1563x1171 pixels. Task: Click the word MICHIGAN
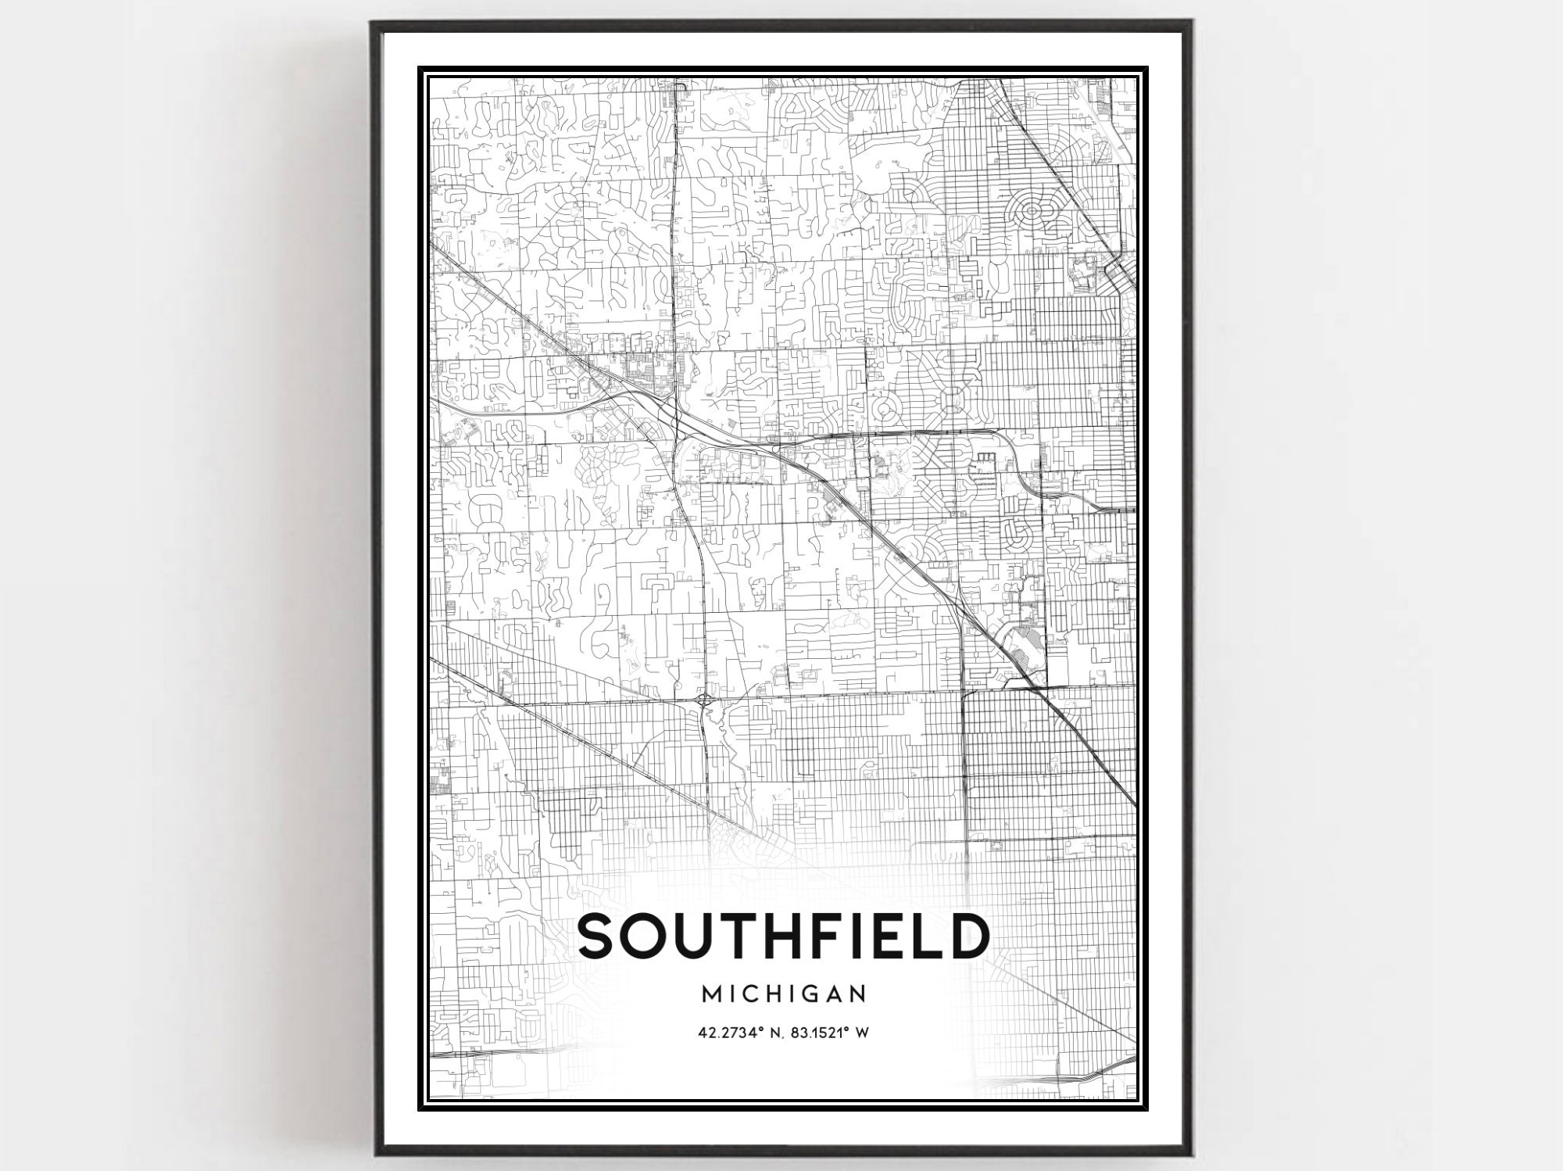coord(784,994)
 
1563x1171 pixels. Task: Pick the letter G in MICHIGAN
coord(813,994)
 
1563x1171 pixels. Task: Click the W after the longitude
coord(862,1033)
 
